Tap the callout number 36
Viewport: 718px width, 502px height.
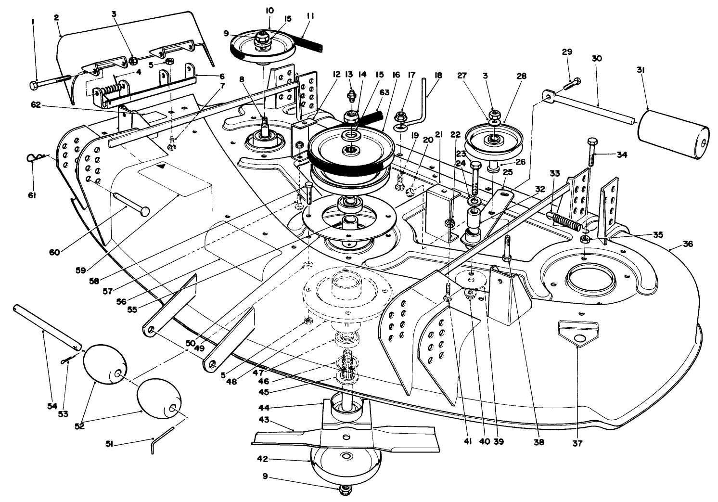pos(688,244)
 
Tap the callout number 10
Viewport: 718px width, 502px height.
pos(269,10)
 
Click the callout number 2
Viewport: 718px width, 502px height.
pos(56,18)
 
